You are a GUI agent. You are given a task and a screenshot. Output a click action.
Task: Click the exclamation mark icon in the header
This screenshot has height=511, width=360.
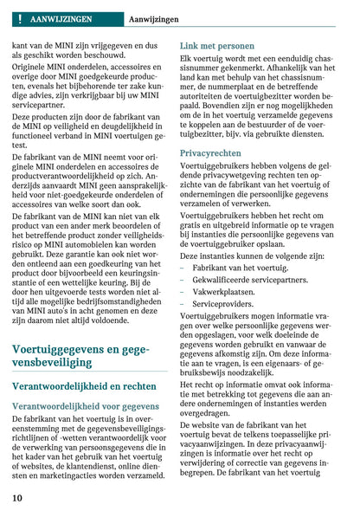click(x=17, y=17)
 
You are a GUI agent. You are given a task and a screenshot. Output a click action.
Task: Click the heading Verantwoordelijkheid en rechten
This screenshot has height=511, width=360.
click(x=84, y=387)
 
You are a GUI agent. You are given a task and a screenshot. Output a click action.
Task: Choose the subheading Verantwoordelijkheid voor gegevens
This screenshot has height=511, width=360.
click(x=86, y=405)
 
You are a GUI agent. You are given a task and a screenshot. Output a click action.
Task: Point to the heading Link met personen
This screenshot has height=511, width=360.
click(x=217, y=45)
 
